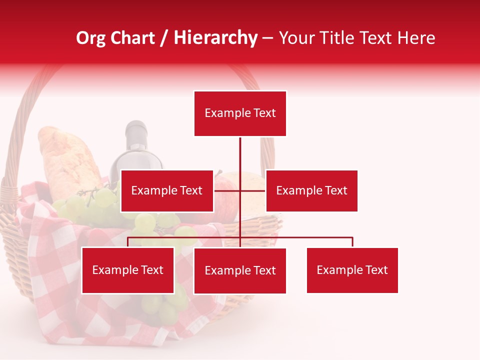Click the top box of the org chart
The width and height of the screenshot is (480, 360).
pos(240,113)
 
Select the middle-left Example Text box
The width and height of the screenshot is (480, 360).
pos(166,190)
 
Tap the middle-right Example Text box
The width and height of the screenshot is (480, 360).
pos(311,190)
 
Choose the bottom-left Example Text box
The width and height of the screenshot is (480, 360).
pos(128,270)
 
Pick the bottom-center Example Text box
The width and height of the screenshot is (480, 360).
pos(240,270)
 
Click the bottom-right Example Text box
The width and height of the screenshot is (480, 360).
pos(352,270)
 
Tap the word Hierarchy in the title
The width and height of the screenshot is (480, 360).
pos(215,38)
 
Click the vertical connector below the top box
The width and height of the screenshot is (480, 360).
pos(240,152)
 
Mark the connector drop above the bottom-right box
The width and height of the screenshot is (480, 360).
pos(352,242)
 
